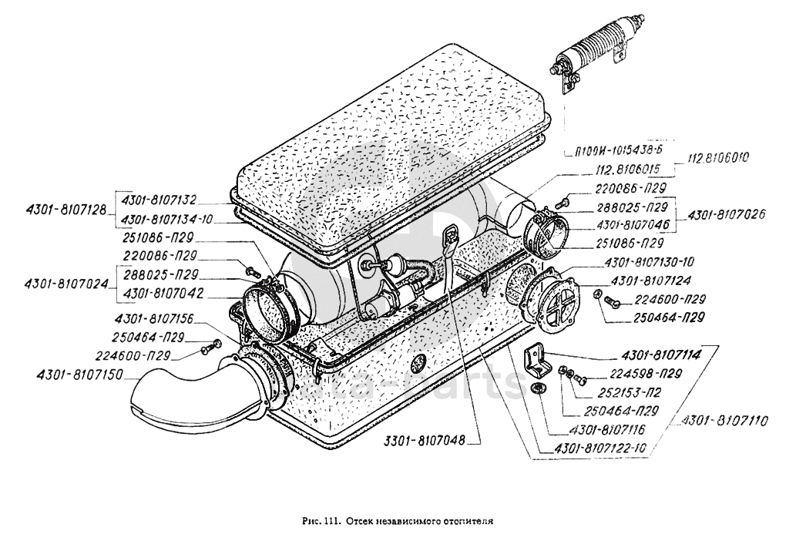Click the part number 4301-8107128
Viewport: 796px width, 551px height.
click(65, 208)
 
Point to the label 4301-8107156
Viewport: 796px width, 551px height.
click(154, 319)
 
